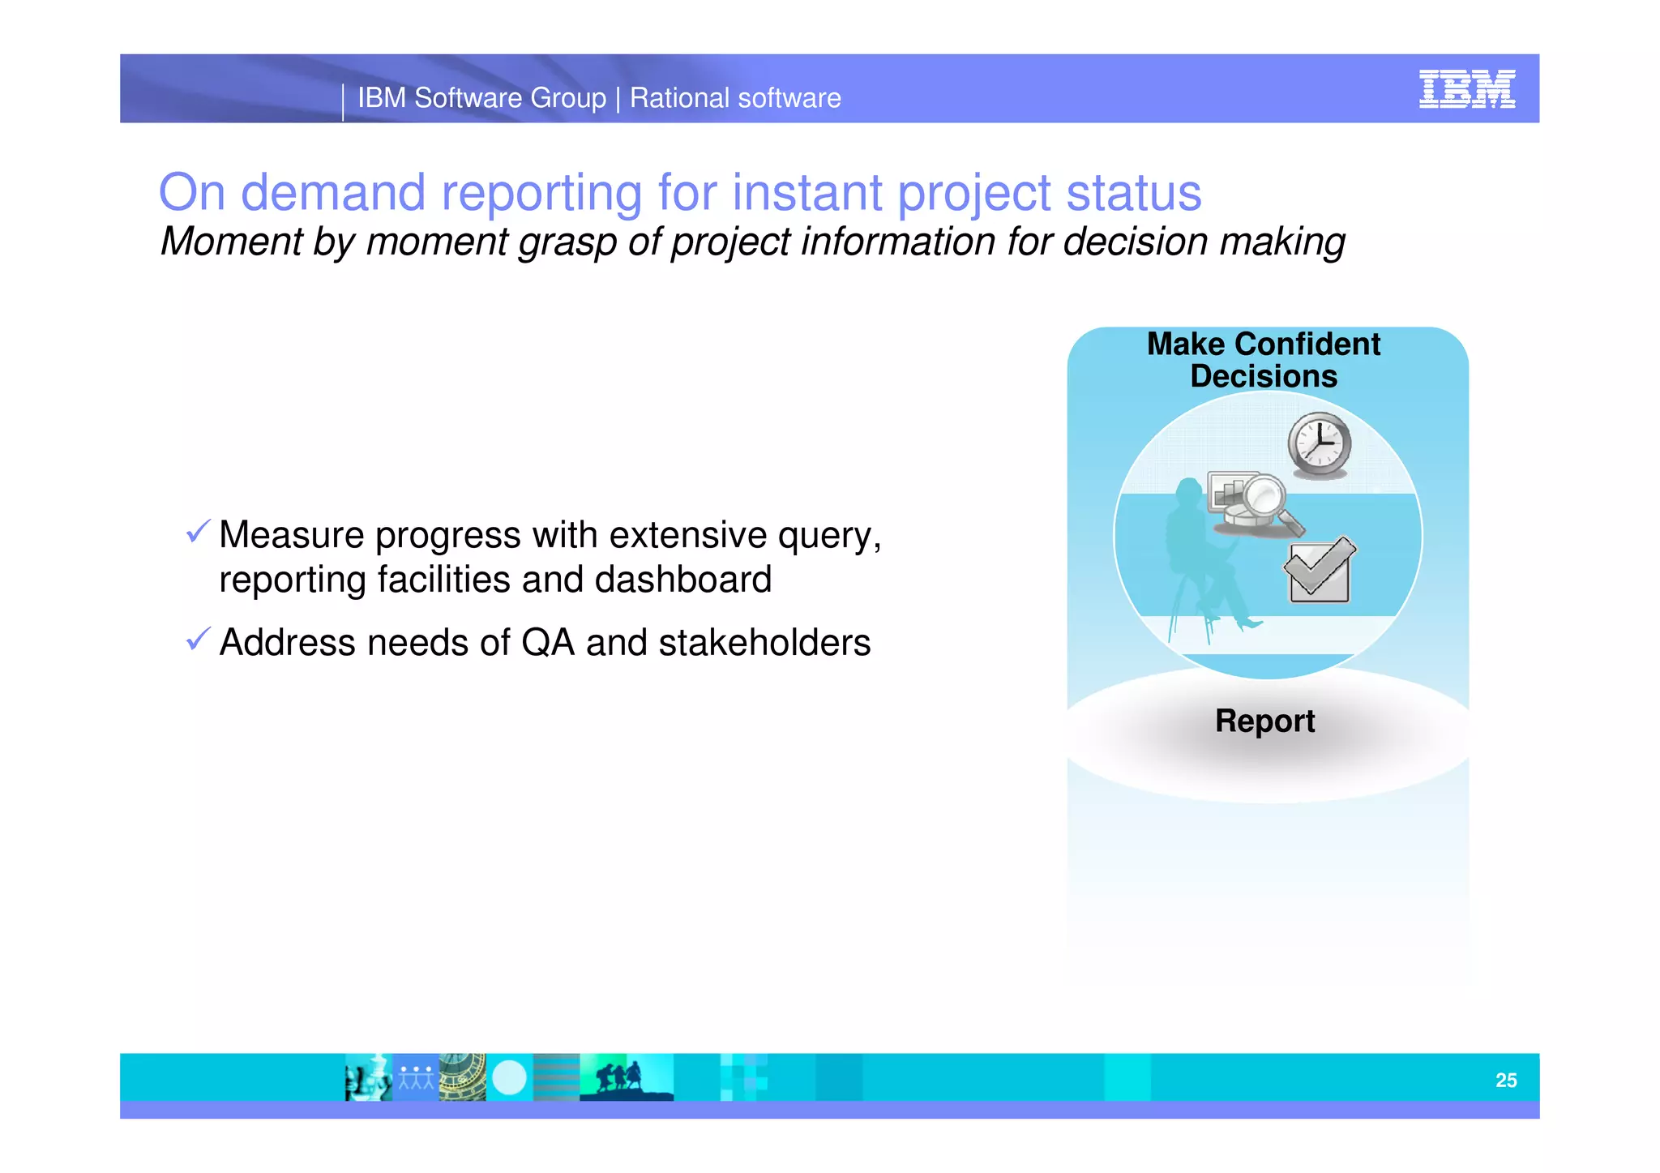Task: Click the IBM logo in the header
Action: [1466, 89]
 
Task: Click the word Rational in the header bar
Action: [680, 98]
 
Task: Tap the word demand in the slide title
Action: [333, 193]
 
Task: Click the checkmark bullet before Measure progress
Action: [198, 532]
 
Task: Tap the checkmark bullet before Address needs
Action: [198, 639]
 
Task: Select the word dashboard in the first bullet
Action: [682, 580]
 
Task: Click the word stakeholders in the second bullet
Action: [764, 643]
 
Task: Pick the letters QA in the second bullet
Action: [547, 643]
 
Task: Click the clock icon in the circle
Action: [1320, 444]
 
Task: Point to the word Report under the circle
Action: [1264, 721]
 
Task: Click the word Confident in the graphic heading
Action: [1307, 345]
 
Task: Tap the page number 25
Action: [1506, 1080]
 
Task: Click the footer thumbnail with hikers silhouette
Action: [626, 1078]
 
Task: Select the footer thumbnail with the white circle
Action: [510, 1078]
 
